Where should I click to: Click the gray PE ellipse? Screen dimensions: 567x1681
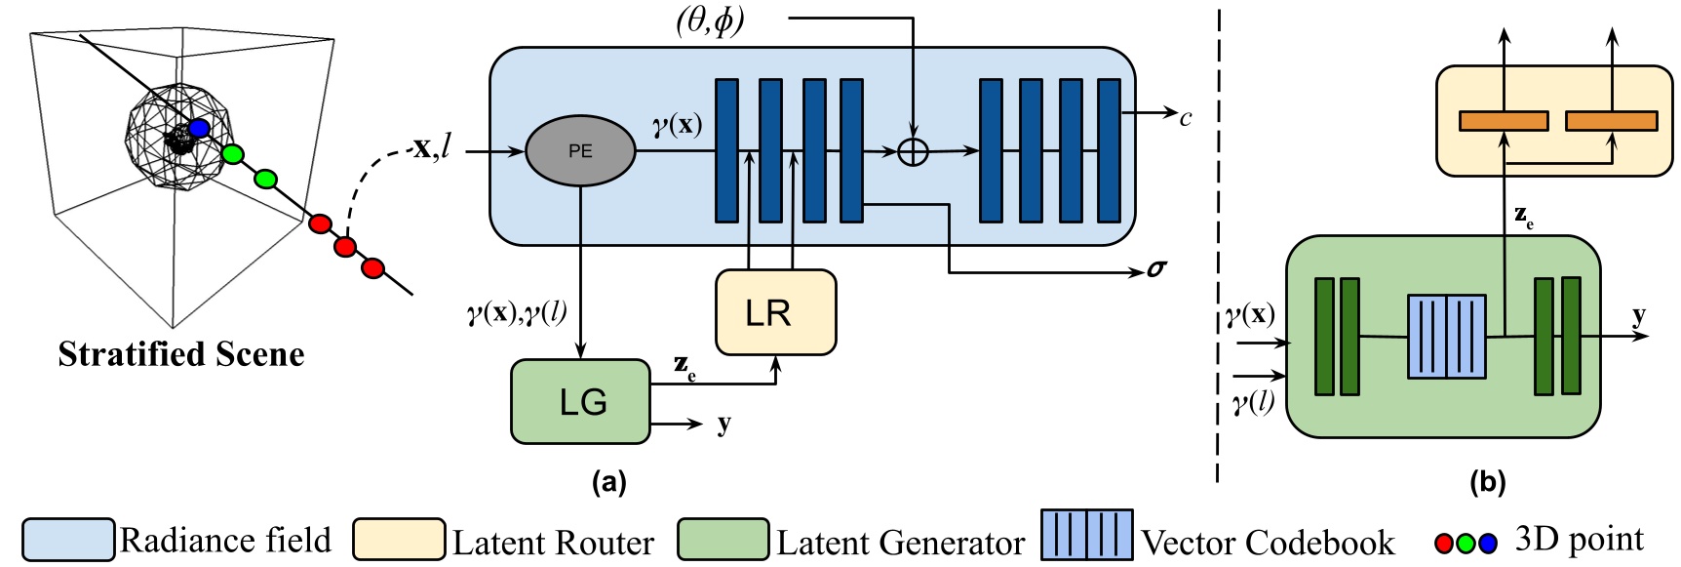[x=580, y=151]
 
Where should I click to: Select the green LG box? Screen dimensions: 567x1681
[x=581, y=402]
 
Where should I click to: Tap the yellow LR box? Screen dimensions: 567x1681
[x=775, y=312]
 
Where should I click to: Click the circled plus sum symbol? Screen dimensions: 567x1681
[x=913, y=151]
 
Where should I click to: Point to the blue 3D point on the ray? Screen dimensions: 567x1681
[x=200, y=128]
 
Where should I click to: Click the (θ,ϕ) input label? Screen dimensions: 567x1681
[x=710, y=20]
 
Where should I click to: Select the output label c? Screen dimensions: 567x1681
[x=1186, y=119]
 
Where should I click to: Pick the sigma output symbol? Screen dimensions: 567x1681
[x=1156, y=268]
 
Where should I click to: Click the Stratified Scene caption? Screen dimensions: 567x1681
[x=181, y=354]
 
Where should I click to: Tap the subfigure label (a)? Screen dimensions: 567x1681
[x=609, y=481]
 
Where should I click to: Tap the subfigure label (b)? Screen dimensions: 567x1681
[x=1488, y=481]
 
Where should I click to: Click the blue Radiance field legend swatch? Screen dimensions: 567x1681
[x=68, y=540]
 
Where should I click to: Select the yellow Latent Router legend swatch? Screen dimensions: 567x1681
[x=399, y=540]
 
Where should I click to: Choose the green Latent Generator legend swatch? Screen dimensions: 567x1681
[x=723, y=540]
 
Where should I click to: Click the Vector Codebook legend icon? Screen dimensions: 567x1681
[x=1086, y=535]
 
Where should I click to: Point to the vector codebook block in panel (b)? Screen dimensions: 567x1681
[x=1447, y=337]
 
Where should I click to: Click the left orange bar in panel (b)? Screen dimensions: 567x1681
[x=1503, y=121]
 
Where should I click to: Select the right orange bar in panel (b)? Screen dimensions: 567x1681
[x=1611, y=121]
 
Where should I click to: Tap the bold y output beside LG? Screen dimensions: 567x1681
[x=723, y=425]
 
